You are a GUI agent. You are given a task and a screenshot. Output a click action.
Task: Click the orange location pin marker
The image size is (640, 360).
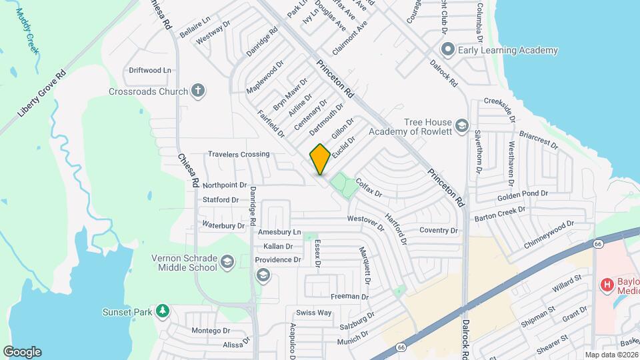320,159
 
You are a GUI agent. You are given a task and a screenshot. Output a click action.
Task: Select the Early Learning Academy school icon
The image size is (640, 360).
447,49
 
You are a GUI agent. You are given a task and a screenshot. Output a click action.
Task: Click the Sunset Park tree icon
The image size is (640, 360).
161,311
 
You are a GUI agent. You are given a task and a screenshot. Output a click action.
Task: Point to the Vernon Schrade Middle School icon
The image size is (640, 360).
227,261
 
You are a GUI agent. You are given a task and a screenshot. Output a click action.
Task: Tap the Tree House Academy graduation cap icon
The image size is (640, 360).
461,126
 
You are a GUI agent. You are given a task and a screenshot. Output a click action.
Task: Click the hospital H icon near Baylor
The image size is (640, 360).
607,285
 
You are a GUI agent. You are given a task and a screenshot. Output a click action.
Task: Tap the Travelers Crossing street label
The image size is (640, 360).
239,154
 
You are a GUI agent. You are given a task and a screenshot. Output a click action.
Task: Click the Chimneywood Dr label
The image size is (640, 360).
549,235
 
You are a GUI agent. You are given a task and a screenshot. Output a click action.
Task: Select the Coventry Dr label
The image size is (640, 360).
439,231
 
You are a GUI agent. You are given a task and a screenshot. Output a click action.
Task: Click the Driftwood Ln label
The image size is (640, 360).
150,70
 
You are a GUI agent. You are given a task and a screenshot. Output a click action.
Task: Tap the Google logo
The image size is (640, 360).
22,352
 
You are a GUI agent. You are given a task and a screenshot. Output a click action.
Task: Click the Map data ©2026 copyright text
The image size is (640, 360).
611,355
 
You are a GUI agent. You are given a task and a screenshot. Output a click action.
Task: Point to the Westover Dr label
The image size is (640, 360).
366,221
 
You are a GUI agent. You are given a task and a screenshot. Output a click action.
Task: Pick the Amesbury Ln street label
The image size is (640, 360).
280,232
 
